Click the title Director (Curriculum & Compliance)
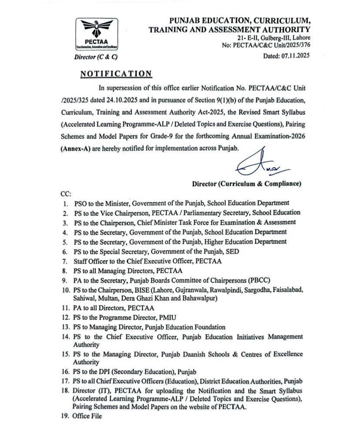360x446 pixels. (x=246, y=184)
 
